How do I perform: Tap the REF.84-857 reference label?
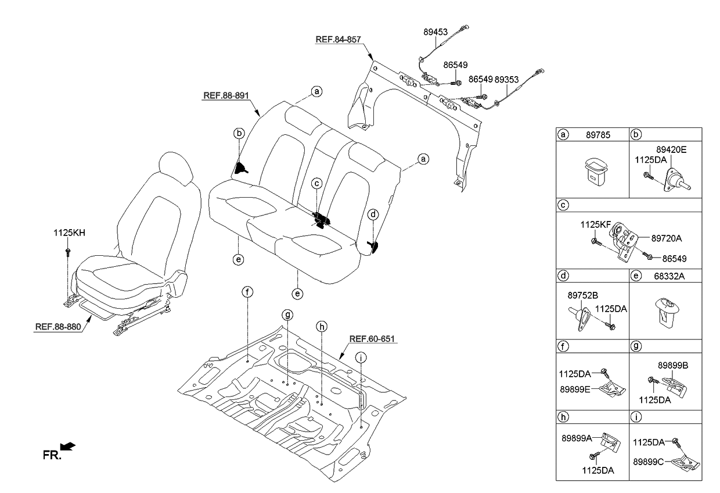click(x=339, y=40)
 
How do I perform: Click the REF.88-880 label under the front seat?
click(x=58, y=326)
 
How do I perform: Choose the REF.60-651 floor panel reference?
click(x=372, y=338)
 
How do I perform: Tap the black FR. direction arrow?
click(x=68, y=446)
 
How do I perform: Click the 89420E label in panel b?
click(x=671, y=149)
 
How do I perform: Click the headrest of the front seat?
click(x=175, y=169)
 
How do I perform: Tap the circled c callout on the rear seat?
click(x=316, y=184)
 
